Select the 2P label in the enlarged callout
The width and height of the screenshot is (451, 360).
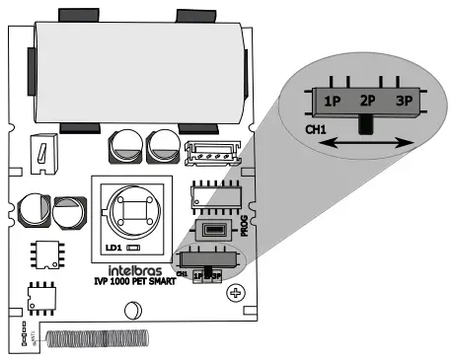pyautogui.click(x=367, y=101)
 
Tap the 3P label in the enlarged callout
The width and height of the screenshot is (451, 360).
pyautogui.click(x=403, y=101)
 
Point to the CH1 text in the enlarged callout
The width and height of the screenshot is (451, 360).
pyautogui.click(x=316, y=129)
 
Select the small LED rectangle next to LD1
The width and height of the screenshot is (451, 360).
pyautogui.click(x=132, y=248)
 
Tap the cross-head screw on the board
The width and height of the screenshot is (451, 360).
pyautogui.click(x=235, y=293)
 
